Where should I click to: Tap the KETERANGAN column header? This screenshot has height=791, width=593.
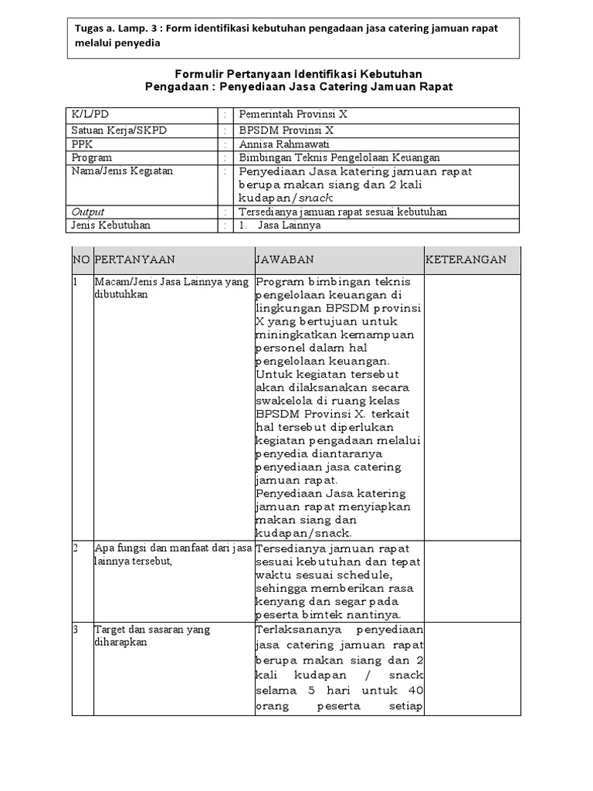pos(467,260)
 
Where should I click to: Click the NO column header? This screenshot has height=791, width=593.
pos(81,260)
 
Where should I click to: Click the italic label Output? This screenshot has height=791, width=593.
pos(87,212)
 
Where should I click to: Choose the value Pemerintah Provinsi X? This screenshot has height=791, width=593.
pos(293,114)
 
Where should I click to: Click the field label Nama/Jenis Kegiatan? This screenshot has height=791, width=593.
pos(122,171)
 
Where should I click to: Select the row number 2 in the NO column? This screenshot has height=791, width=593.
pos(76,548)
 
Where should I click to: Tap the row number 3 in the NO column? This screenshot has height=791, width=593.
pos(76,630)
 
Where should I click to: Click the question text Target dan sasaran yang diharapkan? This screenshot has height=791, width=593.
pos(151,636)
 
